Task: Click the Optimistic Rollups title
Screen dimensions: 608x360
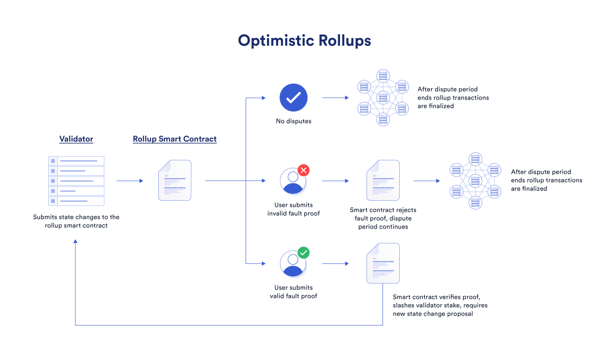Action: pos(304,41)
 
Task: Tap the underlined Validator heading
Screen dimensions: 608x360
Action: pos(76,139)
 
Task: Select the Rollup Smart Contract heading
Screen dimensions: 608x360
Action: pos(175,139)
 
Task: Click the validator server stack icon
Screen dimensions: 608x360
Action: pos(76,181)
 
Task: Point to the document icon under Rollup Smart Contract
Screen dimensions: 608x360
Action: pos(175,180)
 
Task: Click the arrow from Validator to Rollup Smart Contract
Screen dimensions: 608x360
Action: pos(130,181)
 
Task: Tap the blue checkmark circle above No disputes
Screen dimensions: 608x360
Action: pos(293,98)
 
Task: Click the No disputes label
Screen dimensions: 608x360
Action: pos(293,121)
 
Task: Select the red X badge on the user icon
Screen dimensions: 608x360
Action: pos(304,170)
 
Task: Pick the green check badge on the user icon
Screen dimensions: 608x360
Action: pos(304,253)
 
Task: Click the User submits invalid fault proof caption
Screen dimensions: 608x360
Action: pos(293,209)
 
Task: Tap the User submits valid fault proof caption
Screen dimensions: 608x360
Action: pos(293,292)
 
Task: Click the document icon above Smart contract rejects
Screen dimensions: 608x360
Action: pos(383,180)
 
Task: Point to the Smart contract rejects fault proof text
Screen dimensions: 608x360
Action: pos(383,219)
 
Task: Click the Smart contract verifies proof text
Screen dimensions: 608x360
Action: pos(440,305)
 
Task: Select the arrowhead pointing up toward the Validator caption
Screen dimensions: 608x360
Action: pos(76,241)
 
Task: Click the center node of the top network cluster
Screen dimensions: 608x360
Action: pos(383,98)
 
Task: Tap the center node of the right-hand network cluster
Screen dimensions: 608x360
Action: pos(475,181)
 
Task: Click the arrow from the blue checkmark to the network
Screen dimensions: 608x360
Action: pos(335,98)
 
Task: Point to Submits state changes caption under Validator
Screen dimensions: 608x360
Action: pos(76,221)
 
